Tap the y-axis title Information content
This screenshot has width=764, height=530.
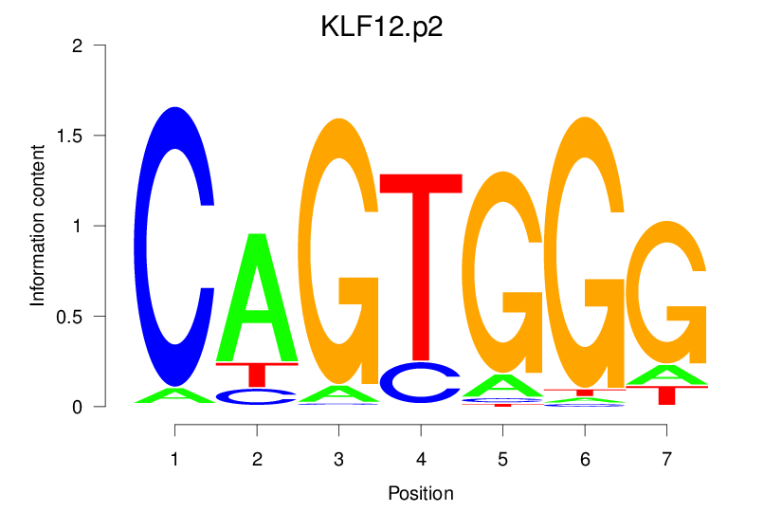38,226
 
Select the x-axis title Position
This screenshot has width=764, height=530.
421,494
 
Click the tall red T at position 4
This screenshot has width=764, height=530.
421,265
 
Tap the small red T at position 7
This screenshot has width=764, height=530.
667,395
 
